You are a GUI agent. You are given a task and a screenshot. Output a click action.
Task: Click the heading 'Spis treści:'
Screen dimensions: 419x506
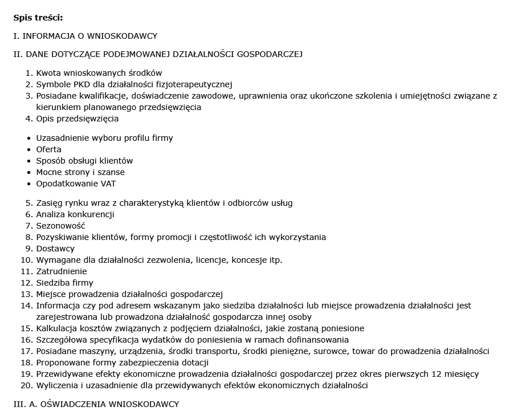pos(38,17)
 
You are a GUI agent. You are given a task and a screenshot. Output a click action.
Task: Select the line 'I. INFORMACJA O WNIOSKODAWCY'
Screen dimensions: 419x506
pos(85,36)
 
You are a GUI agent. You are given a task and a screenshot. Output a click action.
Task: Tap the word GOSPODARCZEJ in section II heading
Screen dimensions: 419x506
pos(270,54)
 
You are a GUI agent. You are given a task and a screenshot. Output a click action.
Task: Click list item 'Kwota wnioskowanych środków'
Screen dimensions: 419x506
pos(99,73)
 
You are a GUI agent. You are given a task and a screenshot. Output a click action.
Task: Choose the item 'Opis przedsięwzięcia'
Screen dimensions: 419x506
pos(77,119)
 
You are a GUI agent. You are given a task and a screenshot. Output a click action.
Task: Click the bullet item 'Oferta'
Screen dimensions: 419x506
pos(49,149)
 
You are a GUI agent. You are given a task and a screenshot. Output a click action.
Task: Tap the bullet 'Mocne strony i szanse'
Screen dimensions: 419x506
pos(80,172)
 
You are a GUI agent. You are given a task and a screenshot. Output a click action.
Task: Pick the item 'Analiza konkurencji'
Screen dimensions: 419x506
pos(75,214)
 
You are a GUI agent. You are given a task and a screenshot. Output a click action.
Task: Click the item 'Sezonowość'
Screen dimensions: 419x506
pos(61,226)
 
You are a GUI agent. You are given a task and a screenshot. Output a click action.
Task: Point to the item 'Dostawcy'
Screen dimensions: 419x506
pos(55,249)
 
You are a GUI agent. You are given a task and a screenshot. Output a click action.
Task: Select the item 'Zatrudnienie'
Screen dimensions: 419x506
pos(62,271)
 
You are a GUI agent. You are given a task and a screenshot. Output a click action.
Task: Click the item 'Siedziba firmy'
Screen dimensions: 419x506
pos(65,283)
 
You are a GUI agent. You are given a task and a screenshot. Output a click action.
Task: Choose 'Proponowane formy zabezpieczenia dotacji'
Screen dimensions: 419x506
pos(123,363)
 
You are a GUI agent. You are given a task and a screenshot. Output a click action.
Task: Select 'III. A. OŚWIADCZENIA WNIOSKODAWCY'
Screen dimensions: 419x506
pos(96,404)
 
